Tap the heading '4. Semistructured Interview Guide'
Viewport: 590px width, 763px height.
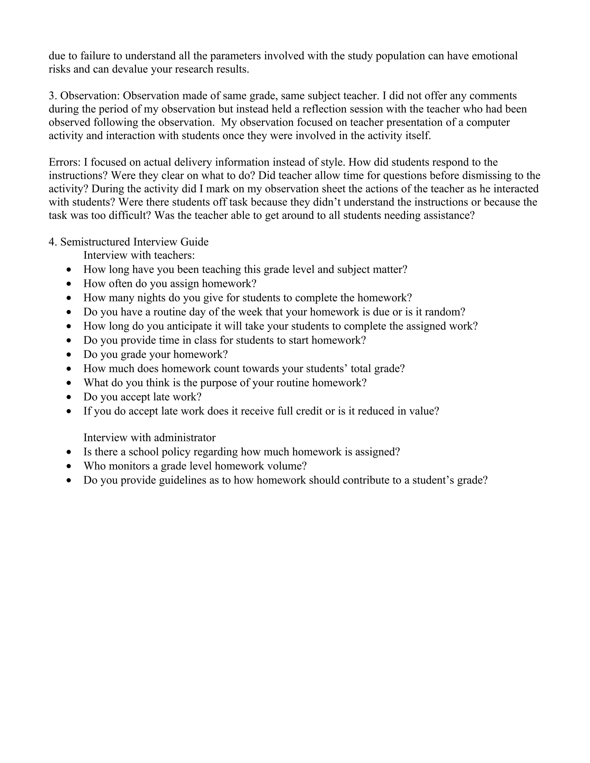click(128, 242)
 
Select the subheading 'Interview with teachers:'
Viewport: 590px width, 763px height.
click(139, 255)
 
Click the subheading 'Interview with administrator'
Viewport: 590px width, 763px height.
click(149, 438)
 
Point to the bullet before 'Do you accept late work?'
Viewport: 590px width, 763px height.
click(69, 398)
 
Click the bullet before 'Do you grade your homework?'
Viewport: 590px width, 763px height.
click(69, 355)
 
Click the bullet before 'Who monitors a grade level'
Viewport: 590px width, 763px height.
click(69, 466)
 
